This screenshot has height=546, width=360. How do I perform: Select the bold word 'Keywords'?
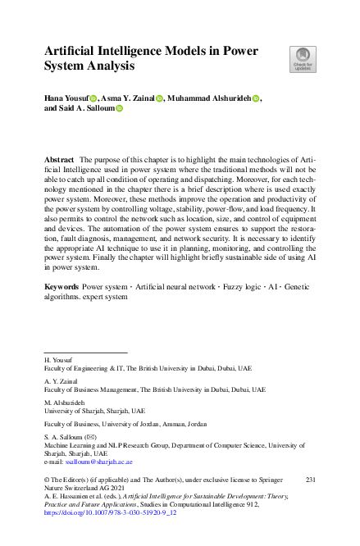(x=62, y=289)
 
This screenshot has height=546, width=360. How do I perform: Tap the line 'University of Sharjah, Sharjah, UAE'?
(x=94, y=411)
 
